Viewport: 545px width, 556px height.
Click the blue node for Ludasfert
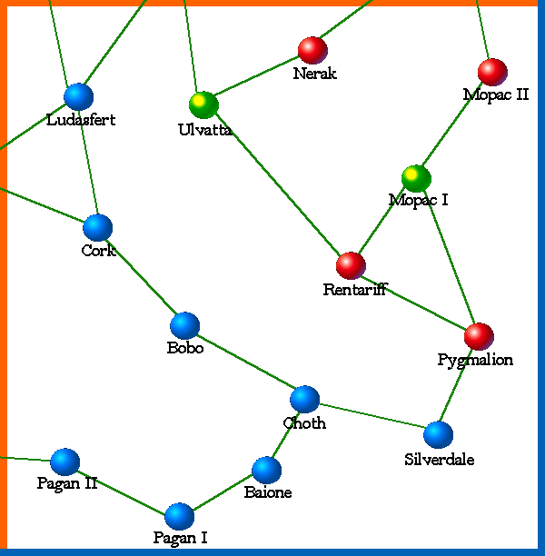(x=79, y=96)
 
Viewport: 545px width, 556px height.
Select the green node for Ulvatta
(x=203, y=104)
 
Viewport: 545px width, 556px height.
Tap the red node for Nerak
(x=312, y=50)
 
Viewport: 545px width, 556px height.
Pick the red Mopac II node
(x=492, y=72)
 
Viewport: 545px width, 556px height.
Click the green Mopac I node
(x=416, y=178)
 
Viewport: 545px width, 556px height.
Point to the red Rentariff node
(x=351, y=265)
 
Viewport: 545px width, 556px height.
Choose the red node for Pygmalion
(x=479, y=336)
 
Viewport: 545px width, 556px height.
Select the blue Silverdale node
(x=438, y=435)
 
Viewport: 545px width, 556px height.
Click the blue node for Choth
(x=304, y=399)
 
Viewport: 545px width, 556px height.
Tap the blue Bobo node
(x=184, y=325)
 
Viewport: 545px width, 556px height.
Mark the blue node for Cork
(x=97, y=227)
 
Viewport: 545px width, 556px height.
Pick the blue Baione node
(x=266, y=470)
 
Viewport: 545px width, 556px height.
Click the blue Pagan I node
(x=180, y=516)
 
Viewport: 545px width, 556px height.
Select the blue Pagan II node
(x=64, y=462)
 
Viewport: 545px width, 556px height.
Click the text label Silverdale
(x=439, y=459)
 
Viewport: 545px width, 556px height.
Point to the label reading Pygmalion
(x=475, y=360)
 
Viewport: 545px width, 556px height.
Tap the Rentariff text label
(x=354, y=290)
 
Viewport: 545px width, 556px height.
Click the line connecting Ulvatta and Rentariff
(x=277, y=185)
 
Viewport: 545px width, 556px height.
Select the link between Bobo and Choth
(x=244, y=362)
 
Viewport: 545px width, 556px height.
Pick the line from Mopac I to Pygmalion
(x=447, y=257)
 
